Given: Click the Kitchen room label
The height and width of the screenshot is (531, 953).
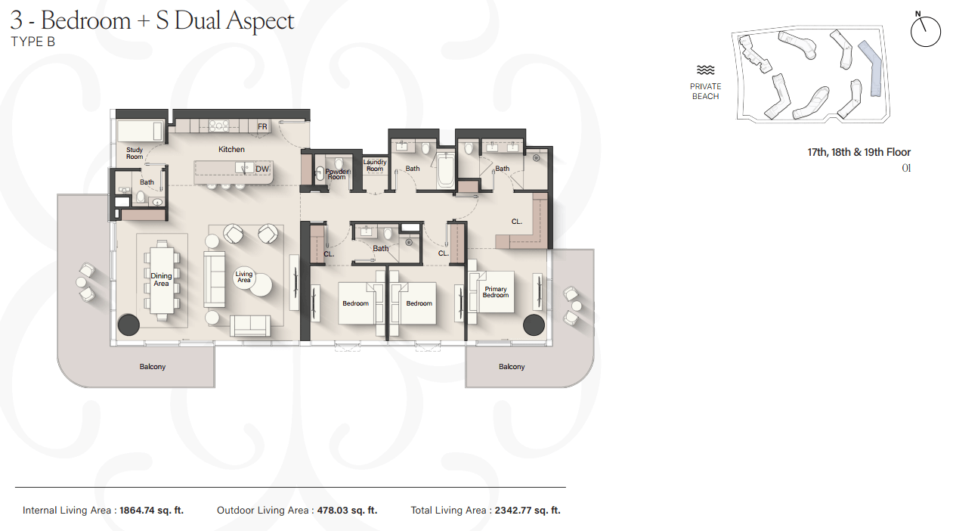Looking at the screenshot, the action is [231, 150].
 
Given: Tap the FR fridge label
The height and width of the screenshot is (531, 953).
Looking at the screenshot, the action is [262, 126].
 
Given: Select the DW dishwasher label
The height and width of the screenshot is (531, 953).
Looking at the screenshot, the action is [262, 169].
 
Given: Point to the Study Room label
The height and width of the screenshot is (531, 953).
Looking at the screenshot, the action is [135, 154].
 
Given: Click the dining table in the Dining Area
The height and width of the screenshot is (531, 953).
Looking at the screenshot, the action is [162, 280].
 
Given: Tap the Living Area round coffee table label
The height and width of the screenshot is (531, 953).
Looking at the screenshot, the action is [244, 277].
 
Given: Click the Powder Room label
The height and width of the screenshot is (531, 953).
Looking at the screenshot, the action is [337, 174].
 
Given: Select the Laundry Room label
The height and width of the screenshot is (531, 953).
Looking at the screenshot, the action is [375, 165].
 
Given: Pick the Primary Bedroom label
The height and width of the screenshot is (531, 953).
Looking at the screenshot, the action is [496, 292].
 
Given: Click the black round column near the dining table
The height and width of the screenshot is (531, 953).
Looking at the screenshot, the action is [128, 325].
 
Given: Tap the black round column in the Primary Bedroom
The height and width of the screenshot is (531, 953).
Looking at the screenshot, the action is [534, 325].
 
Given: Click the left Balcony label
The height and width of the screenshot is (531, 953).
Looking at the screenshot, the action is [153, 367].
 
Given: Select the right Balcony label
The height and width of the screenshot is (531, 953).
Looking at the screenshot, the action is [512, 367].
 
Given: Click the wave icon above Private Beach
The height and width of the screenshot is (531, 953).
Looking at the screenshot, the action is [705, 70].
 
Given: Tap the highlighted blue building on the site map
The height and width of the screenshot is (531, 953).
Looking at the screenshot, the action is [871, 68].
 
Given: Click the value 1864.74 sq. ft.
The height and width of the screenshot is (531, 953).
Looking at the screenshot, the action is [151, 510].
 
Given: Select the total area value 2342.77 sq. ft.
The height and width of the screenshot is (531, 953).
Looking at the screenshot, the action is [528, 510].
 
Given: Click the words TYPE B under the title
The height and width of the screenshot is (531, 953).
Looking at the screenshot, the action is [32, 42].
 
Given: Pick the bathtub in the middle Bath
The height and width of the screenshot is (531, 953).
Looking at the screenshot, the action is [445, 170].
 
